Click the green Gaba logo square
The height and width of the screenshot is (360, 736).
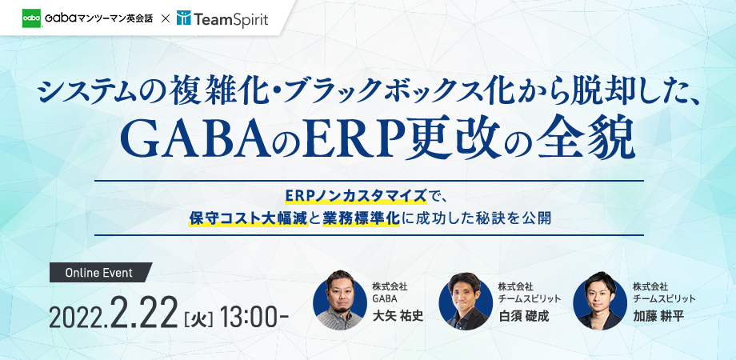[31, 18]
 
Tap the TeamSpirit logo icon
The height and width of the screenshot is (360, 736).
[183, 18]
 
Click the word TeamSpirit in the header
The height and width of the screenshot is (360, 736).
[230, 19]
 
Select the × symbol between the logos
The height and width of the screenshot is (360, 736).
[165, 18]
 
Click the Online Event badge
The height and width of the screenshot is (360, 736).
[101, 272]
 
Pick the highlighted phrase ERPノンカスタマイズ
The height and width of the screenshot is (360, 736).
[356, 196]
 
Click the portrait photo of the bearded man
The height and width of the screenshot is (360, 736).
[340, 300]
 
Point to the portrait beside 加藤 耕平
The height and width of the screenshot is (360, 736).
[600, 300]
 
